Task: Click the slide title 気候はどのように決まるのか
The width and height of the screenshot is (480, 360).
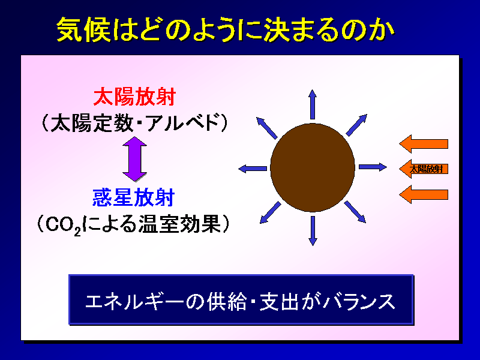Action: tap(226, 29)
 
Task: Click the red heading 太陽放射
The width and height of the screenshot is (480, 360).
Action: tap(134, 97)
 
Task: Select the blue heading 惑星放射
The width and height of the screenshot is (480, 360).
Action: tap(133, 197)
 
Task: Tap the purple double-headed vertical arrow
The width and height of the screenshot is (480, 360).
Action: tap(134, 159)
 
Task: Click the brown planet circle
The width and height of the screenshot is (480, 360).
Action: tap(313, 168)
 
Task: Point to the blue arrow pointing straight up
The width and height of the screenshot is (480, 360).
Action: tap(313, 104)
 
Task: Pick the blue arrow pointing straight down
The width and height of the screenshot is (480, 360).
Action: tap(313, 231)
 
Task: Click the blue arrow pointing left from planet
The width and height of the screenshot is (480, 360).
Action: tap(253, 169)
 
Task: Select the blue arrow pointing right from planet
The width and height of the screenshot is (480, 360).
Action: tap(373, 167)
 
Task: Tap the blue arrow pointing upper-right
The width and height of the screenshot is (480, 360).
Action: tap(356, 125)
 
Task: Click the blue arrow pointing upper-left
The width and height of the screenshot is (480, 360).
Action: tap(267, 128)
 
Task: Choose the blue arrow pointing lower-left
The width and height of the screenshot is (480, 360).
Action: tap(271, 212)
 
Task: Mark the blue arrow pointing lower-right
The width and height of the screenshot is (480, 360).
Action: tap(355, 212)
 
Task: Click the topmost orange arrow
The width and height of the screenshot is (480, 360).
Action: tap(424, 144)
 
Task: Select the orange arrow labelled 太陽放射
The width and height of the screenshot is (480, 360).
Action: tap(424, 169)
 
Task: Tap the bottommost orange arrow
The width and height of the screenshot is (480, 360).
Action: tap(424, 194)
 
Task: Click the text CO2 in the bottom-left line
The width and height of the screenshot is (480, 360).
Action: tap(64, 226)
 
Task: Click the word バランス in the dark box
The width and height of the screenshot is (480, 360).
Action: tap(359, 302)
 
